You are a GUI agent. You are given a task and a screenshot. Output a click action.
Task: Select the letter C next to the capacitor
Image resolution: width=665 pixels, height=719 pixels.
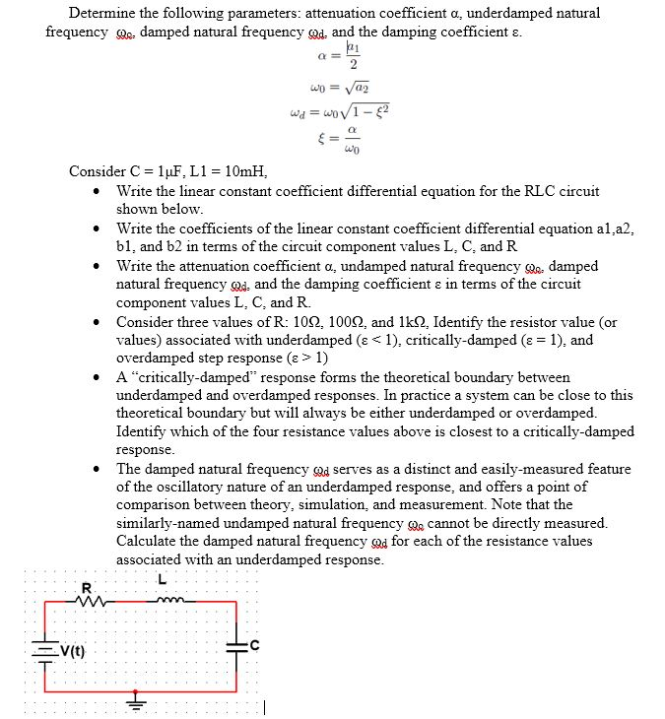[x=253, y=645]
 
